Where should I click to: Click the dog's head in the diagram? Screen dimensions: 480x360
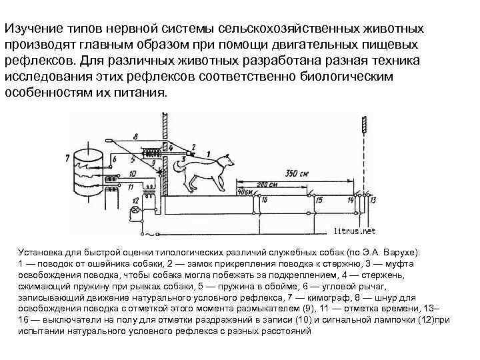229,159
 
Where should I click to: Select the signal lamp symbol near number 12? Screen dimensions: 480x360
137,210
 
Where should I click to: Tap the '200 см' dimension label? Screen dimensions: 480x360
267,183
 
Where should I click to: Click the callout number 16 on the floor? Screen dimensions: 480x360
265,200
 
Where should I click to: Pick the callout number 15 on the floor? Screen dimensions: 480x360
319,200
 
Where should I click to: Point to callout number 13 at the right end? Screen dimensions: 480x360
373,200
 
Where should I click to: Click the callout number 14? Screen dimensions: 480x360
351,200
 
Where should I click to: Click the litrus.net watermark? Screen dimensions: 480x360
354,231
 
